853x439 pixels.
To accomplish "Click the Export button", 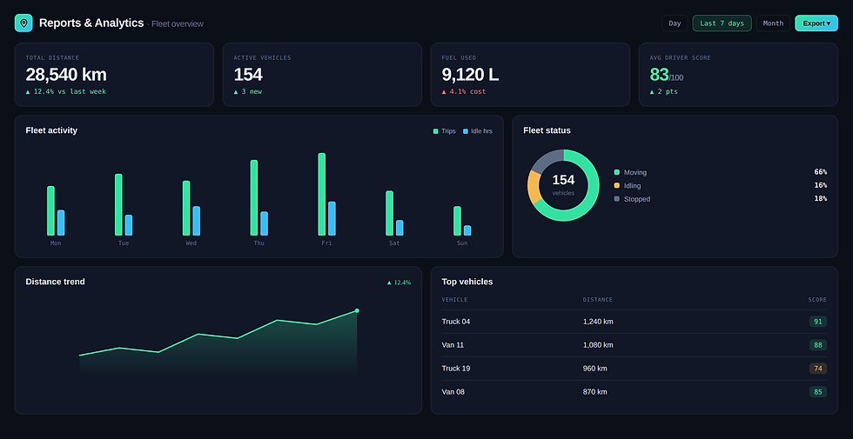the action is click(816, 23).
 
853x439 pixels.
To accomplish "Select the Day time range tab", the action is click(675, 23).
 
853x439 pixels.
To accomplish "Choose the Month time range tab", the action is click(773, 23).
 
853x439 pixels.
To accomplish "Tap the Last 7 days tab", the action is click(722, 23).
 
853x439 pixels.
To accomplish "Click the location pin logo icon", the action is click(24, 23).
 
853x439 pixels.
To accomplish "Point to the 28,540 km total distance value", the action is click(66, 75).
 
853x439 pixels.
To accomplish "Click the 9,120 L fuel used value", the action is click(470, 75).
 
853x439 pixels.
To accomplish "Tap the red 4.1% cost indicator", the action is click(463, 92).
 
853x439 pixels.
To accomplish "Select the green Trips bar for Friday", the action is click(321, 194).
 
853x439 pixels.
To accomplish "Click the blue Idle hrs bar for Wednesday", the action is click(197, 221).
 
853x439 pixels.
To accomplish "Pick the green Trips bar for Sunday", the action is click(457, 221).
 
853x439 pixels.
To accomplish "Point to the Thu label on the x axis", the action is click(259, 243).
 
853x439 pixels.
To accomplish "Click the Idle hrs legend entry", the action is click(478, 131).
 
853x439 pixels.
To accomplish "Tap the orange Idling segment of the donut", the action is click(534, 187).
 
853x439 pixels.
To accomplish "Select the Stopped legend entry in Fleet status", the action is click(632, 199).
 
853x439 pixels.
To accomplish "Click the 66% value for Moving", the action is click(820, 172).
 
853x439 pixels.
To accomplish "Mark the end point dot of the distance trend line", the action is click(357, 311).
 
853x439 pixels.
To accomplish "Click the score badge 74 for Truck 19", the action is click(817, 369).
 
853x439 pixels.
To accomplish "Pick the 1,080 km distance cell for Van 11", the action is click(598, 345).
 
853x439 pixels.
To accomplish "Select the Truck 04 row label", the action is click(456, 322).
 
